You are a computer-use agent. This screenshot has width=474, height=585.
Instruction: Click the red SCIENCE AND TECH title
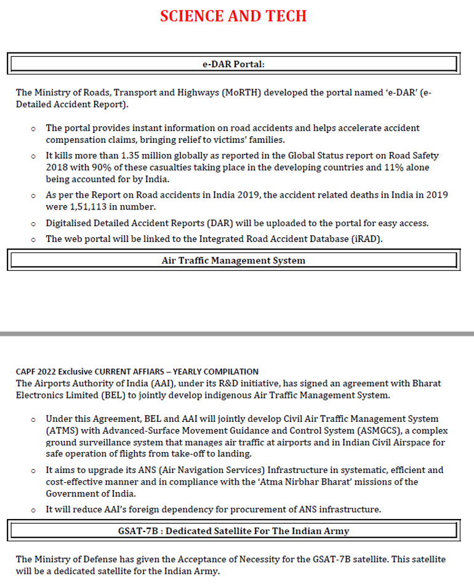233,17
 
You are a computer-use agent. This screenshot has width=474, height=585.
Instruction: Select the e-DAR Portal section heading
233,63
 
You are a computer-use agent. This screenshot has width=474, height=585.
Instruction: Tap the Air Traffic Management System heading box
233,260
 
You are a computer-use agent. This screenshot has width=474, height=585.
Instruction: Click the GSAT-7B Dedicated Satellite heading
233,530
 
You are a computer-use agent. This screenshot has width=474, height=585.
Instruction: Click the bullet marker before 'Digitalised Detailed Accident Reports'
33,224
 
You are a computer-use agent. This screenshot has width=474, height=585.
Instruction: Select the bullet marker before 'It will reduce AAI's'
33,510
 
